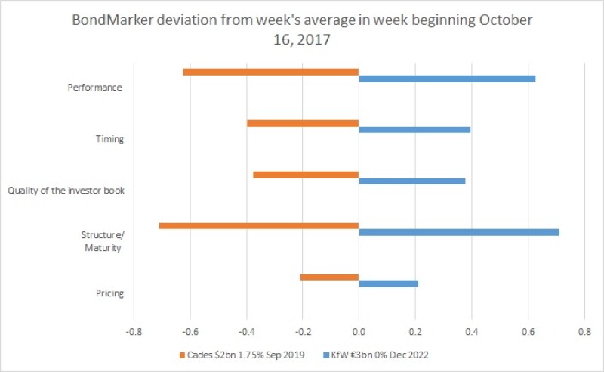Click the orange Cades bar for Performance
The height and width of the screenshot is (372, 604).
[271, 72]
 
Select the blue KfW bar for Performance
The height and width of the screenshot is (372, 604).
[447, 79]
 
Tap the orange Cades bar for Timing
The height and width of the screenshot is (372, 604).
[303, 123]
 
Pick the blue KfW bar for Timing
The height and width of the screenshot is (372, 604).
[414, 130]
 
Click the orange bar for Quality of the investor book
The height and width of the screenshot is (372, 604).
[306, 175]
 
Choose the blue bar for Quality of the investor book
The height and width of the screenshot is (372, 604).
[412, 181]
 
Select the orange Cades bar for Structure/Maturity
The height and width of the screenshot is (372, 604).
[259, 226]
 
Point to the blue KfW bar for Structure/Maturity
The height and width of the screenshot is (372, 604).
[459, 232]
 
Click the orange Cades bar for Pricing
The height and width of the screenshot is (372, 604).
[329, 277]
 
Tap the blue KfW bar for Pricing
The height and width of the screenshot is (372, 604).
[389, 284]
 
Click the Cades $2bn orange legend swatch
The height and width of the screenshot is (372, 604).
[182, 355]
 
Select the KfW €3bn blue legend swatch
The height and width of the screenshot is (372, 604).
[326, 355]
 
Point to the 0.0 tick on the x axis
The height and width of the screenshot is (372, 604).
[359, 332]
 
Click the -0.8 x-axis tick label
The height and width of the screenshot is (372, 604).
[133, 332]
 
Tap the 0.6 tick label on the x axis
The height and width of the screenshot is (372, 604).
[528, 332]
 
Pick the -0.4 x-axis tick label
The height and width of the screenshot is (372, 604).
[246, 332]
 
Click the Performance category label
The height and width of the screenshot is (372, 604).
[95, 88]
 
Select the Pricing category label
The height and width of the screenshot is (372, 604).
[109, 293]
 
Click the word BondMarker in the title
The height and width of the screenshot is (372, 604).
[112, 20]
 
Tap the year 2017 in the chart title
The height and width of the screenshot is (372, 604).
[314, 39]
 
